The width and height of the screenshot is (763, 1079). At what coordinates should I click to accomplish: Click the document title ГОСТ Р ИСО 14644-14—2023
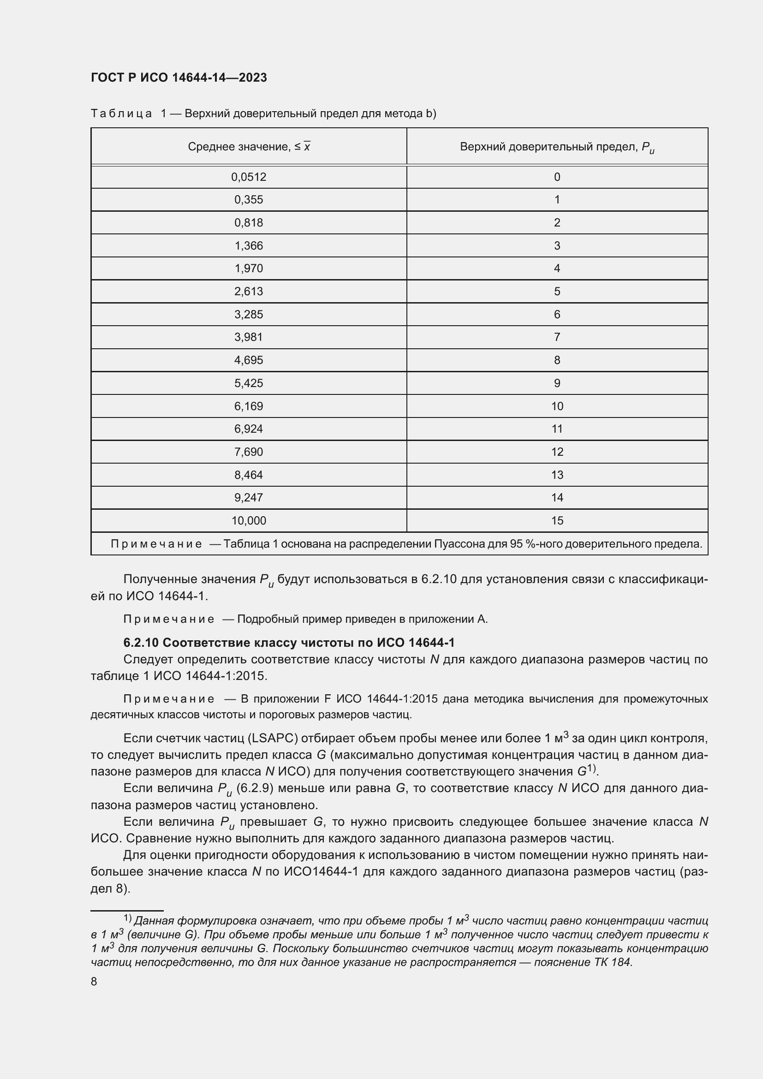coord(179,77)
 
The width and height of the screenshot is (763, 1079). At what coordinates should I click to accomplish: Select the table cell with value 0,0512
coord(249,177)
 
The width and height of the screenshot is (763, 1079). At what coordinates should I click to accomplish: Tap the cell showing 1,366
coord(249,246)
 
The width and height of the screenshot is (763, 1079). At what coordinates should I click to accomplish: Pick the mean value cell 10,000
coord(249,521)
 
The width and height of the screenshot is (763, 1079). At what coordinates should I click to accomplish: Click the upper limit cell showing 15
coord(557,521)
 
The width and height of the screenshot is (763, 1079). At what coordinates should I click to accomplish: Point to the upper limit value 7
coord(557,337)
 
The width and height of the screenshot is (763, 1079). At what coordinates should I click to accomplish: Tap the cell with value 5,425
coord(249,383)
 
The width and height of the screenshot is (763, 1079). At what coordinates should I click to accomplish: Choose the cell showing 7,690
coord(249,452)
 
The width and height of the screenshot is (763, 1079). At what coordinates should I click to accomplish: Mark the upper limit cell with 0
coord(557,177)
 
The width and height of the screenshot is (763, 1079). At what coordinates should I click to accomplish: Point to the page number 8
coord(94,982)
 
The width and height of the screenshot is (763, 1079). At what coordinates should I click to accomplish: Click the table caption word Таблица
coord(121,114)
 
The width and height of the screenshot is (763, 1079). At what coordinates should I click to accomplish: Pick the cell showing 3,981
coord(249,337)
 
